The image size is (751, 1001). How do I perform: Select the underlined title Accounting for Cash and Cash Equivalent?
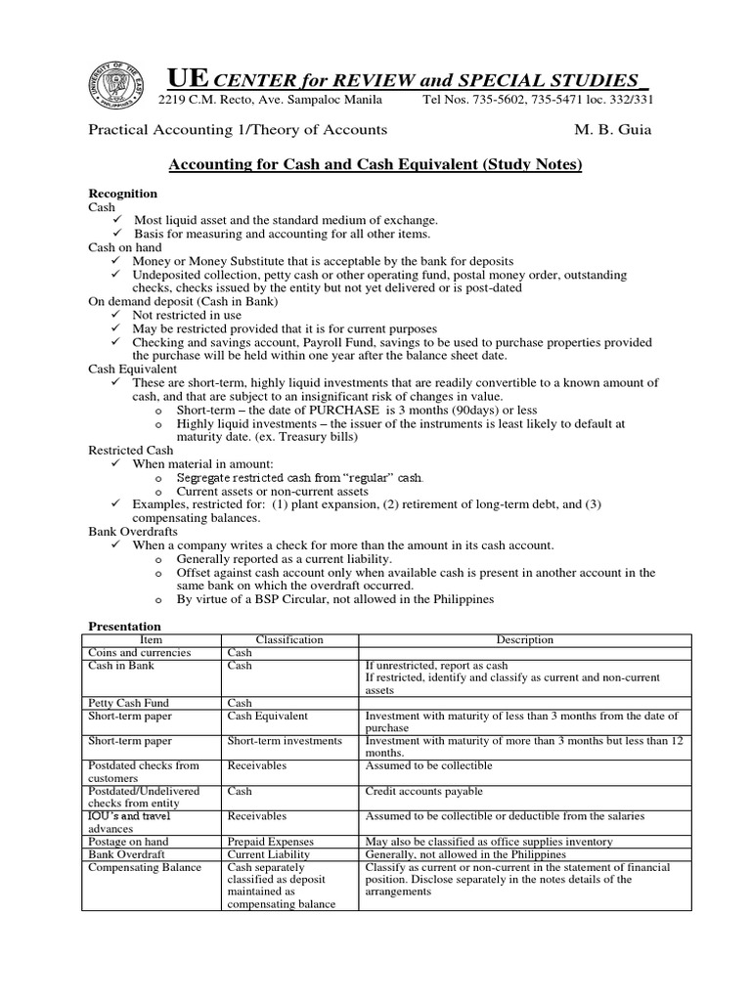tap(375, 165)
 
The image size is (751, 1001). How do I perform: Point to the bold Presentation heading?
tap(125, 626)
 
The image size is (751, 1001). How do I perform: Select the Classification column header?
tap(288, 640)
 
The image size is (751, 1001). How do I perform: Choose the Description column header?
tap(524, 640)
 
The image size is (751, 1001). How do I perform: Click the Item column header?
tap(152, 640)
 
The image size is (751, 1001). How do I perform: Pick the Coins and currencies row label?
tap(140, 653)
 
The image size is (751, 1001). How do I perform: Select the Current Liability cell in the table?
tap(268, 854)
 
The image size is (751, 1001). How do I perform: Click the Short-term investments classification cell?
tap(285, 741)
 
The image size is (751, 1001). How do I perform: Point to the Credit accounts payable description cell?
tap(424, 791)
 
